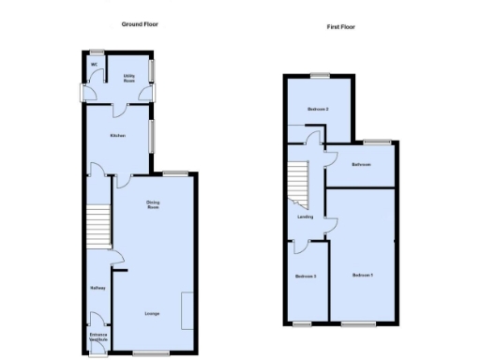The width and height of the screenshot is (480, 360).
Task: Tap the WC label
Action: click(95, 65)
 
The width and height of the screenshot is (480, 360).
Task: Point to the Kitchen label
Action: click(117, 135)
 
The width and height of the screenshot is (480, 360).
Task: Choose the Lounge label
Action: click(151, 313)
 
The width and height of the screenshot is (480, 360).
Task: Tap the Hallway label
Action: click(97, 288)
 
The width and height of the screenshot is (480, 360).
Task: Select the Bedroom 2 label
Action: click(318, 110)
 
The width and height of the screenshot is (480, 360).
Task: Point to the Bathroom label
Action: click(362, 164)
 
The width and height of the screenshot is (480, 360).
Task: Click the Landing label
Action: click(306, 217)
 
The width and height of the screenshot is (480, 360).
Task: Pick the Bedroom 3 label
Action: click(306, 276)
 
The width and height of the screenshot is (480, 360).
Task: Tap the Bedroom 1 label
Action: click(363, 275)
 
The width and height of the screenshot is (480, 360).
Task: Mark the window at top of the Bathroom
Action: click(378, 142)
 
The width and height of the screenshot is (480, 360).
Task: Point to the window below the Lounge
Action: click(144, 353)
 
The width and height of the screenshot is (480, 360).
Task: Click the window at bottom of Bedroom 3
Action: click(303, 323)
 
